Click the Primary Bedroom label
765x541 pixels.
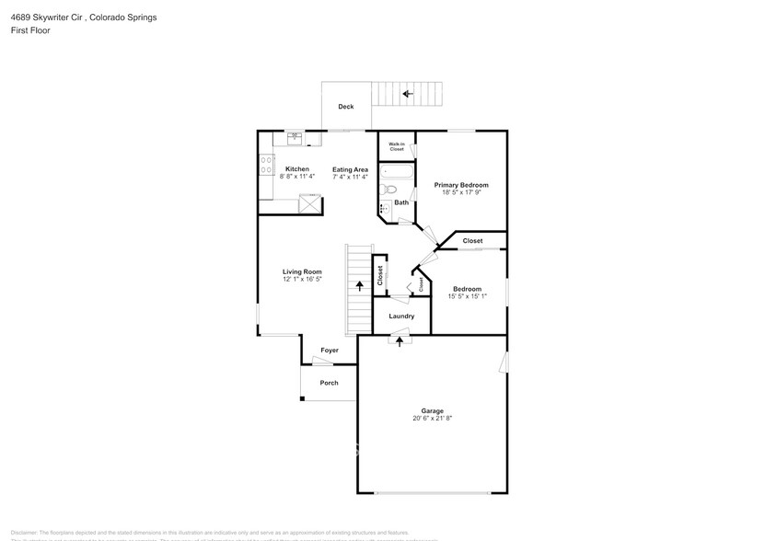tap(461, 185)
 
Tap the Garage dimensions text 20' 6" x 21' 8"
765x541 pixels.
tap(433, 419)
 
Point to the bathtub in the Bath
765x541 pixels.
tap(398, 171)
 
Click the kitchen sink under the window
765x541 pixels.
tap(296, 138)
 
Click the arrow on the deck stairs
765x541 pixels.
tap(406, 93)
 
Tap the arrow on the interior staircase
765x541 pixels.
tap(359, 286)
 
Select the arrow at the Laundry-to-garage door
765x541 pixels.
tap(400, 341)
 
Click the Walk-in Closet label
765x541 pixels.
tap(397, 146)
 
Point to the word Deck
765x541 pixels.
tap(345, 107)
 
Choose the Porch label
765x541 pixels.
tap(329, 383)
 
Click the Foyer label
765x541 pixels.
tap(329, 351)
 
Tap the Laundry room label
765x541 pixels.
tap(401, 316)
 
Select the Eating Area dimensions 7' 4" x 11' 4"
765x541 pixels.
tap(350, 177)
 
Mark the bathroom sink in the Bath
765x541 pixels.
tap(385, 210)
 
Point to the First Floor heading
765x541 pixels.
tap(30, 30)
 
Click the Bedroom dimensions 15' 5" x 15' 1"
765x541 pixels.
tap(468, 296)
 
